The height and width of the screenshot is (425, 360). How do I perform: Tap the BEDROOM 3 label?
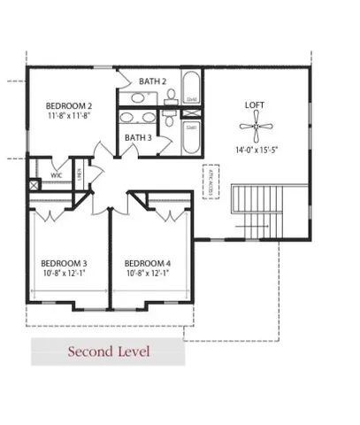64,263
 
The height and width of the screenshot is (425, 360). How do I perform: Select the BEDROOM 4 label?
147,263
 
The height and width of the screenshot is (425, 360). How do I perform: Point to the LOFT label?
255,105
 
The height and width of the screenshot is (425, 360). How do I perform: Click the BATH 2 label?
151,81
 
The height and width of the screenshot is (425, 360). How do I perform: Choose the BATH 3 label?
137,137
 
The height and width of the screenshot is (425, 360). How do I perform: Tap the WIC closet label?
56,175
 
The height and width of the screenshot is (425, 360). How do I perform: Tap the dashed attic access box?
211,183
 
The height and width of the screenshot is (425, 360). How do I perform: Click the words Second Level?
110,352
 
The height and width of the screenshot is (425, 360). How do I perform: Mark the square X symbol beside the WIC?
34,185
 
